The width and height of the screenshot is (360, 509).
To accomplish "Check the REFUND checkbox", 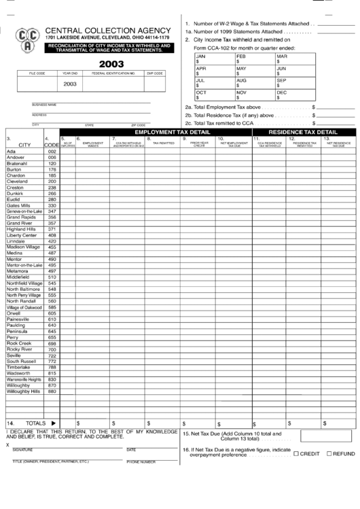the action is pyautogui.click(x=329, y=453).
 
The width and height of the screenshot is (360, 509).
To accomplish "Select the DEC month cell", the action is pyautogui.click(x=293, y=94).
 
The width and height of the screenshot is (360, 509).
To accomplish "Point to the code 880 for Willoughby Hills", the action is pyautogui.click(x=52, y=391).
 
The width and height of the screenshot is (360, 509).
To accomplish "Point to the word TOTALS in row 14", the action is pyautogui.click(x=35, y=423).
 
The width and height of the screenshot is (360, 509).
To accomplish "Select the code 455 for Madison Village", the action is pyautogui.click(x=52, y=247).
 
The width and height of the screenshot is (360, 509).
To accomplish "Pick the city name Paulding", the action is pyautogui.click(x=17, y=325).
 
